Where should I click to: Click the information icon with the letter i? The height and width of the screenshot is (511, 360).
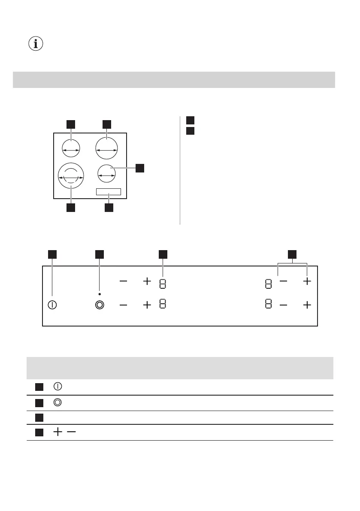point(36,44)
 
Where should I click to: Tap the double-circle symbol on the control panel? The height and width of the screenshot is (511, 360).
point(100,305)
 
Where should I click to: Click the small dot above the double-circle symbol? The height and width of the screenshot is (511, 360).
point(100,294)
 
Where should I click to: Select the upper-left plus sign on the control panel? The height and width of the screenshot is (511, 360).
point(147,281)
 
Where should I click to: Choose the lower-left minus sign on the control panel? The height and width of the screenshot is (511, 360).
point(124,305)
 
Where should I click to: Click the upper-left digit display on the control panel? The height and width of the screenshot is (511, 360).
point(163,284)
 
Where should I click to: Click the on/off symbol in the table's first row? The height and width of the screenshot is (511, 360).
point(57,386)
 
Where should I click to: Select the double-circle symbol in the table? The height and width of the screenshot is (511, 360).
point(57,402)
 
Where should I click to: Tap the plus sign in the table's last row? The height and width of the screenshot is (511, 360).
point(57,432)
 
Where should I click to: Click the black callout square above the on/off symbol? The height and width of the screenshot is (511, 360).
point(52,254)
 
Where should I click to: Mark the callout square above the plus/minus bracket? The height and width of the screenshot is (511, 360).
point(292,254)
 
